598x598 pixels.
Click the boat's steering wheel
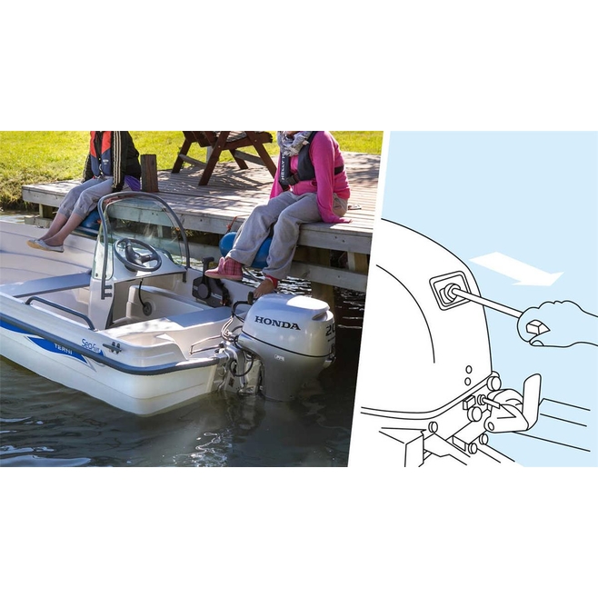(137, 255)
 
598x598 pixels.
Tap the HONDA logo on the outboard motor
(276, 323)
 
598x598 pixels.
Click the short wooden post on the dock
(149, 173)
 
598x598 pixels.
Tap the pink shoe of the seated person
(224, 269)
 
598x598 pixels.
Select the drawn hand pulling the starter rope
(556, 324)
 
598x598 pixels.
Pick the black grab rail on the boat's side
(59, 307)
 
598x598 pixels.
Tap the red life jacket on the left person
(102, 154)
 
